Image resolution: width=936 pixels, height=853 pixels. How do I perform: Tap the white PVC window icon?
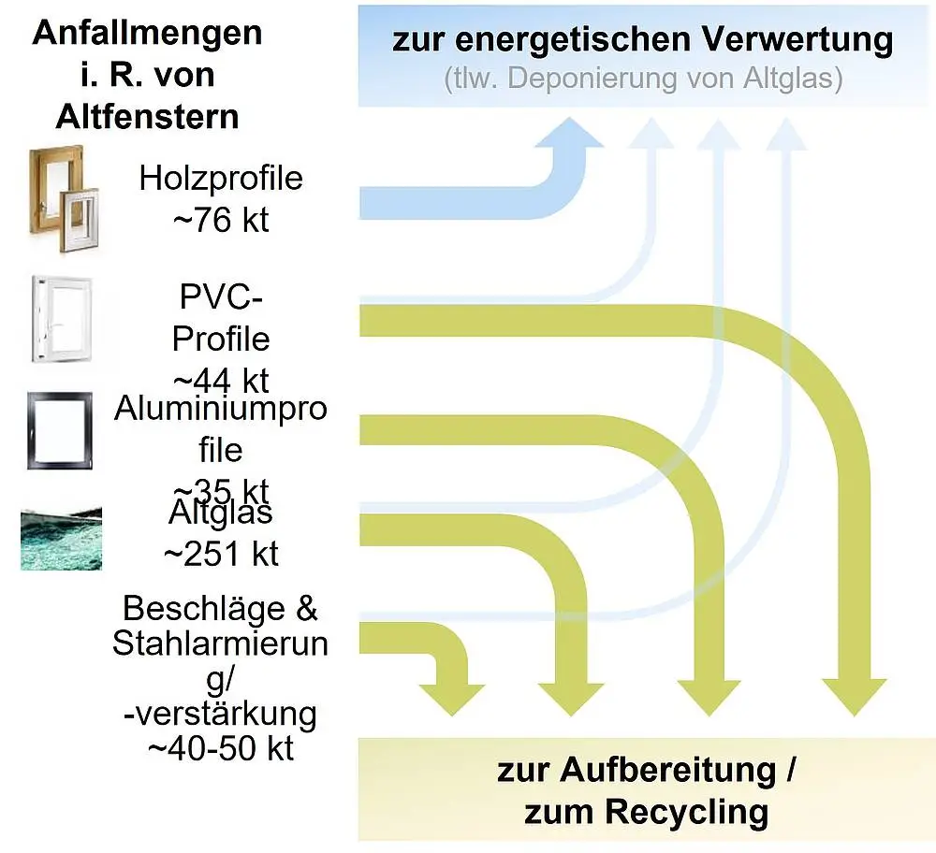tap(63, 322)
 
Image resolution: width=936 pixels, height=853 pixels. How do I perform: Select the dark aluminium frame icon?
tap(60, 431)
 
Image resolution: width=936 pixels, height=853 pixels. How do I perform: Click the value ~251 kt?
tap(221, 553)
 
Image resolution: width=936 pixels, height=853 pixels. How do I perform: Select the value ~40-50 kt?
tap(221, 748)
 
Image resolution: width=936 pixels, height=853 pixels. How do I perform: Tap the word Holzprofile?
tap(221, 178)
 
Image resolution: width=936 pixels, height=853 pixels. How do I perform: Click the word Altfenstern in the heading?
tap(147, 117)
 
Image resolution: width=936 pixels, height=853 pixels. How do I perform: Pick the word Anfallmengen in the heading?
tap(147, 34)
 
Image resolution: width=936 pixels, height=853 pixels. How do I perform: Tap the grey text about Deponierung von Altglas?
tap(643, 79)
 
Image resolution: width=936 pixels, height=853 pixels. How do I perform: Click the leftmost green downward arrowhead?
tap(453, 697)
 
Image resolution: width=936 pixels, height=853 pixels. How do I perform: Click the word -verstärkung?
tap(221, 714)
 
